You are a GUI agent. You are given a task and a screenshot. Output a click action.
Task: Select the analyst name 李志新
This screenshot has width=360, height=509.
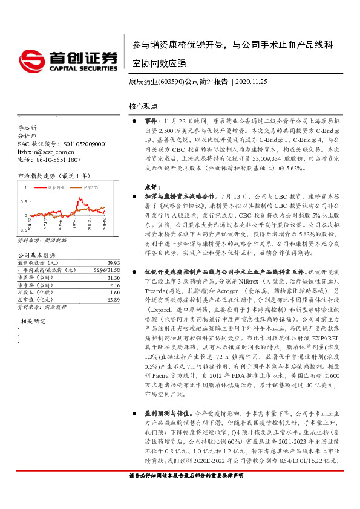coord(27,129)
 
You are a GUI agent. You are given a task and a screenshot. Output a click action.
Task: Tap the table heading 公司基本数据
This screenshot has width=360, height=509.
coord(33,256)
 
